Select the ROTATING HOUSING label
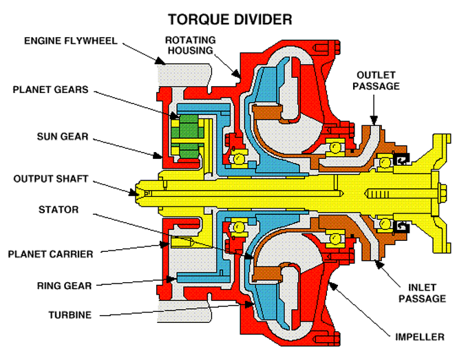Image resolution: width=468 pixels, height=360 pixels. (191, 45)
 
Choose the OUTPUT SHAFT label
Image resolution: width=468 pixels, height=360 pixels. (51, 179)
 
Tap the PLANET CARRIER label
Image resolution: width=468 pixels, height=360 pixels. (50, 253)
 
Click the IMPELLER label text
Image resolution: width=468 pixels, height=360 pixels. (421, 337)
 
